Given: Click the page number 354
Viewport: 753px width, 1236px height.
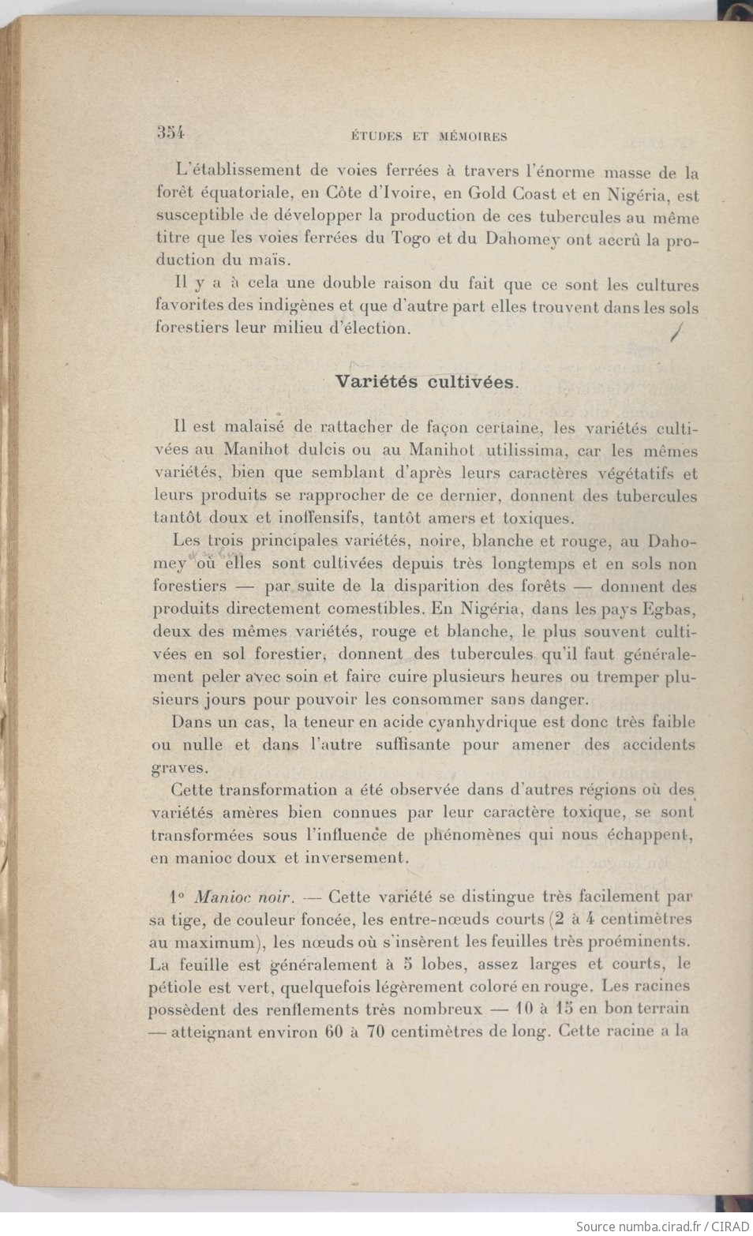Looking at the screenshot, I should click(170, 133).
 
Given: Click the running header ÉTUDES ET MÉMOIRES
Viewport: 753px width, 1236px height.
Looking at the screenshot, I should click(428, 137).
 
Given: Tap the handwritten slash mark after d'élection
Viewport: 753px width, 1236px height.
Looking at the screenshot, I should click(676, 333).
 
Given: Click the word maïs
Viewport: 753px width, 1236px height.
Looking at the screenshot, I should click(273, 260).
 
